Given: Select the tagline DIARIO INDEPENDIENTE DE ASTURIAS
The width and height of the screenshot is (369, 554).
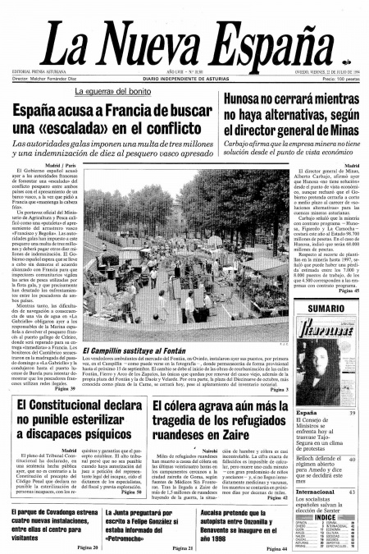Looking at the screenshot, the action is pyautogui.click(x=184, y=77).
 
